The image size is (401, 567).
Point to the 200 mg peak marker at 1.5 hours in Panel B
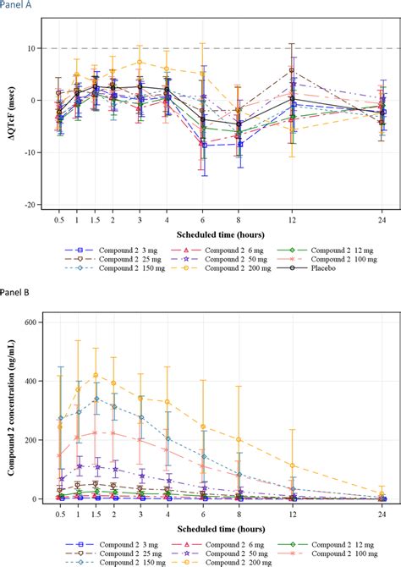coord(96,375)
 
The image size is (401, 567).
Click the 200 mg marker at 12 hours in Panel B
coord(292,465)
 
